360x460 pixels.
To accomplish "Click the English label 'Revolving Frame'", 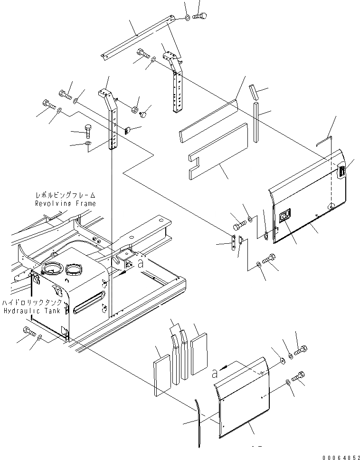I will click(x=66, y=203).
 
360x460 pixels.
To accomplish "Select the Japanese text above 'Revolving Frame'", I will click(x=66, y=195).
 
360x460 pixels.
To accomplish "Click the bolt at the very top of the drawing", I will click(x=199, y=17).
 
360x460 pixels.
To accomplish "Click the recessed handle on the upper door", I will click(x=285, y=218).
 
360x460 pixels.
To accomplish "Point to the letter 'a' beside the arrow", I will click(x=215, y=374).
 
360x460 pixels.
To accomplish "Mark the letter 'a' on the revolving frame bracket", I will click(x=141, y=265).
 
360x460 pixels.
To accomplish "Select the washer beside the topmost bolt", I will click(x=188, y=18).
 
